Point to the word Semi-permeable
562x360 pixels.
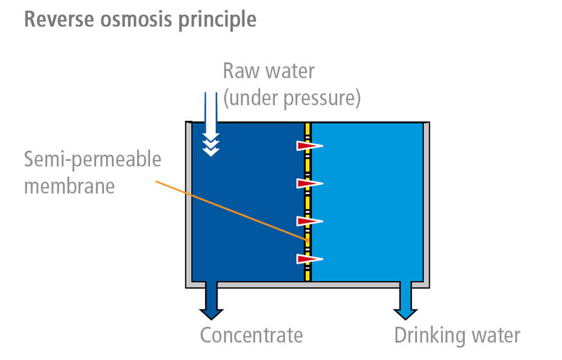tap(92, 160)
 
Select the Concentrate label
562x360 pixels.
tap(251, 336)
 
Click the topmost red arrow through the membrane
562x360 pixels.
tap(309, 146)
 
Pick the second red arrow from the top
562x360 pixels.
tap(309, 183)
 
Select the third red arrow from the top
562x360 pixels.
tap(309, 221)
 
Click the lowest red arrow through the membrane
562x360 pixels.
tap(309, 259)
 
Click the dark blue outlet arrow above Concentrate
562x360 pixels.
tap(211, 301)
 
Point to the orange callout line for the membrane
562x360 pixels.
tap(230, 211)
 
